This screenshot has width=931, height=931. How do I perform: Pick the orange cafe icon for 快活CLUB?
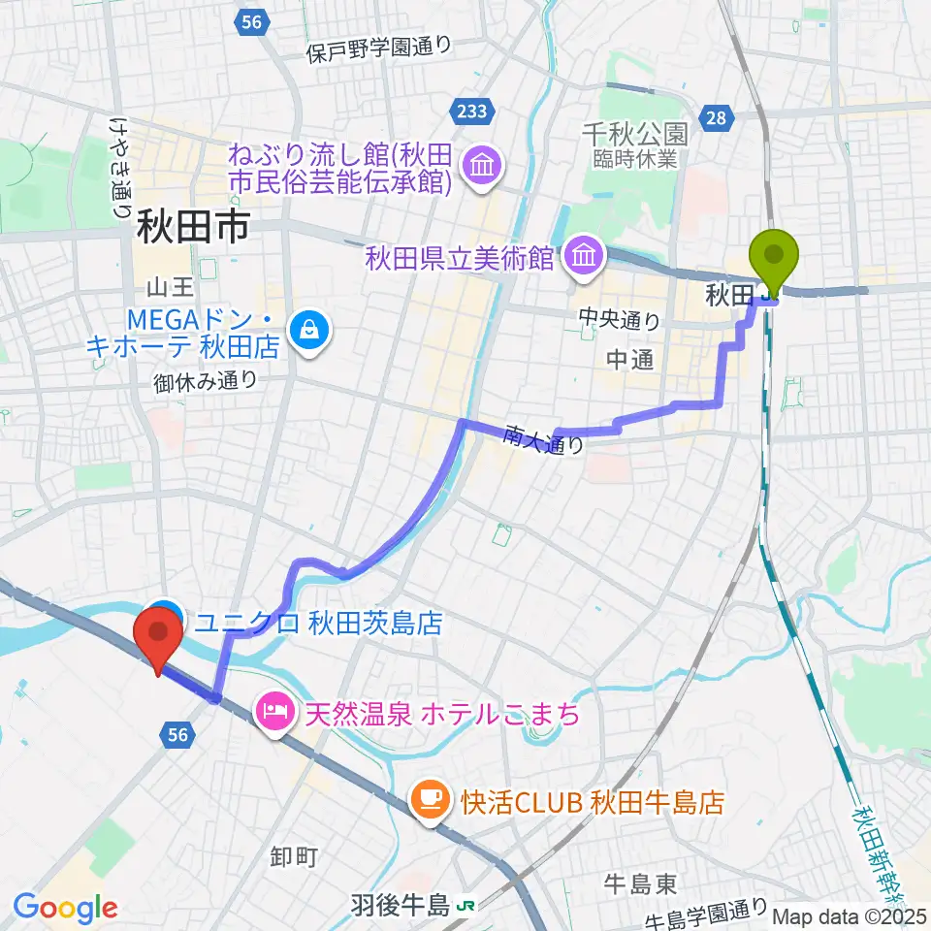click(x=429, y=800)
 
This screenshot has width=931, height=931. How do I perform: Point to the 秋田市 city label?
click(x=193, y=230)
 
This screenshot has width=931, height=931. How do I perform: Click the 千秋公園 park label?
click(x=634, y=133)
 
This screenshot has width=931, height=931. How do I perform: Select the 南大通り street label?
click(x=544, y=441)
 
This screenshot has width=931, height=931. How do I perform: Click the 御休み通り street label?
click(x=205, y=381)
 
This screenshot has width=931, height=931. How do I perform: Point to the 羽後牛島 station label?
click(x=401, y=905)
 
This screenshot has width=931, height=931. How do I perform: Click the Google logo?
click(x=65, y=908)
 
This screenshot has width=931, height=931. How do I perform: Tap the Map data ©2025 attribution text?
click(x=850, y=915)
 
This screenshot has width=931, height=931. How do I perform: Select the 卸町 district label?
click(x=294, y=856)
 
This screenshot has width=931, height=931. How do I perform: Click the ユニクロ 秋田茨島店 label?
click(x=318, y=623)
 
